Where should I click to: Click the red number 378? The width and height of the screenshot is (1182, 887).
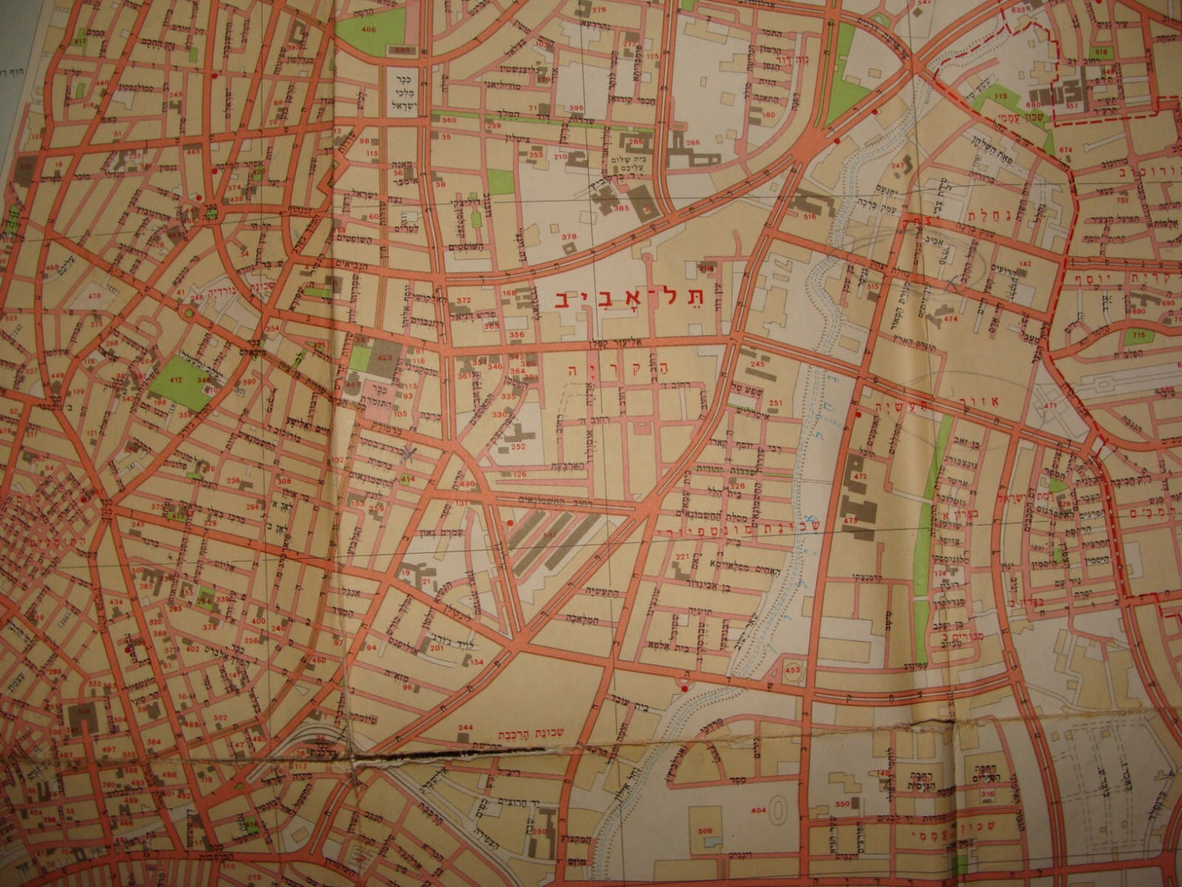569,236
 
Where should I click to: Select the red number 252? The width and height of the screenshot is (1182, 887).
517,447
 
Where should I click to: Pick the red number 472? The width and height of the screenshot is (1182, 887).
860,475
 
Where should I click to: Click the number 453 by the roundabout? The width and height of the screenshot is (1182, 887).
792,671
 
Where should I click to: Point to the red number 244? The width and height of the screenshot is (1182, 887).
465,727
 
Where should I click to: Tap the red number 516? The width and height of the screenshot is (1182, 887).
811,216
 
